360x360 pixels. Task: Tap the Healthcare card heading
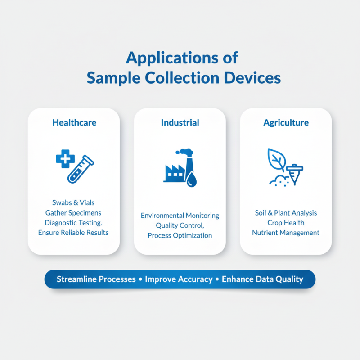click(74, 122)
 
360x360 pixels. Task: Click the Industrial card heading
click(180, 122)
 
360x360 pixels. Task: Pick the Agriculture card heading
click(286, 122)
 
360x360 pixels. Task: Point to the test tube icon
click(80, 169)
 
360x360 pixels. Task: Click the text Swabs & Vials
click(73, 203)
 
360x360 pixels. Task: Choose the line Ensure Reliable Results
click(73, 232)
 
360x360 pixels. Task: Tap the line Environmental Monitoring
click(180, 216)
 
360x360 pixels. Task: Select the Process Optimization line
click(180, 235)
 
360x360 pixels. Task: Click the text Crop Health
click(286, 223)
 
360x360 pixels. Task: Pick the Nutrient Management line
click(286, 233)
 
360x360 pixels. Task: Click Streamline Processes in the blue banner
click(96, 279)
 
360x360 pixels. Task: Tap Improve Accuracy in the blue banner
click(179, 279)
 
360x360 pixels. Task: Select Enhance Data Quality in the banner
click(263, 279)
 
